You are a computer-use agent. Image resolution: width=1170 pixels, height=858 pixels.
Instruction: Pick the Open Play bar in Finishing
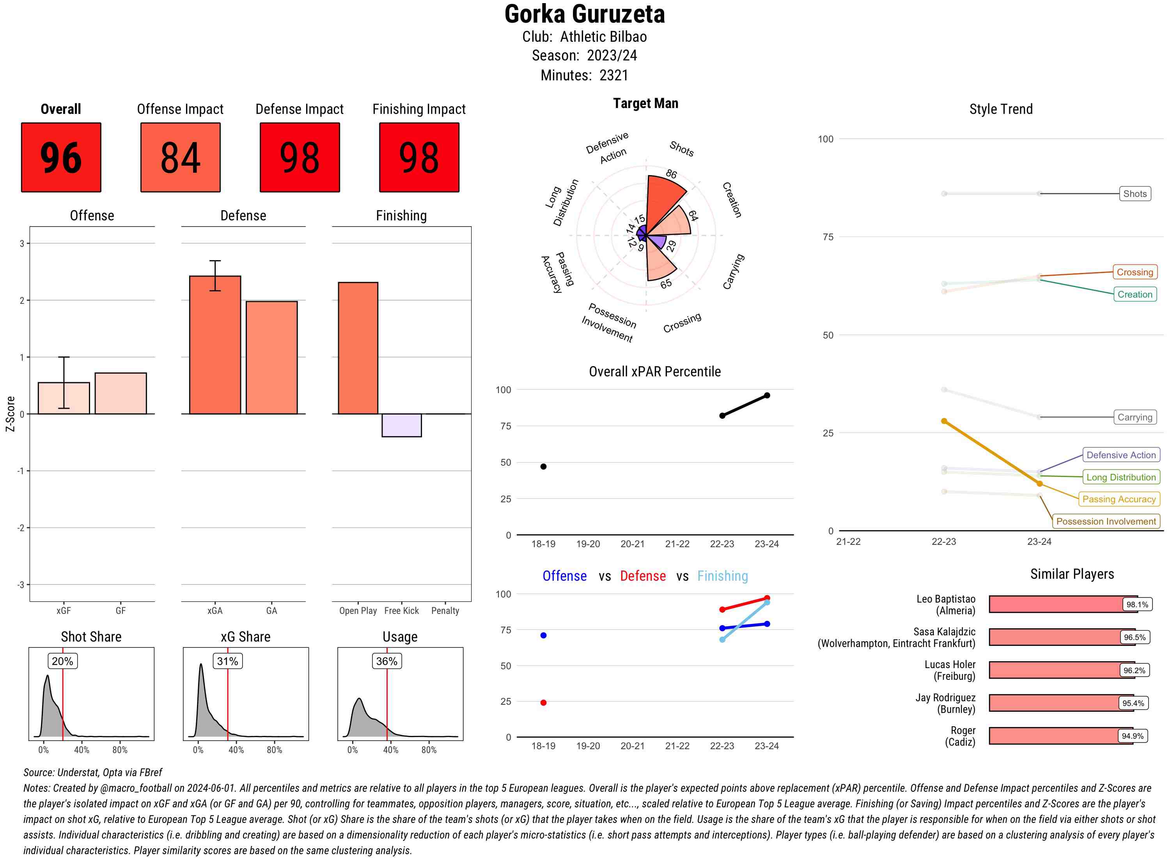tap(358, 348)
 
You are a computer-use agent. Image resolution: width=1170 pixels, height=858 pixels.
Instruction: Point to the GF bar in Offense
tap(121, 394)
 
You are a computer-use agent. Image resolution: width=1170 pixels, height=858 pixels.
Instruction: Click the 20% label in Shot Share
tap(62, 661)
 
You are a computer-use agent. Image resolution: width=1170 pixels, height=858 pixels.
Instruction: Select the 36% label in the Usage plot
tap(386, 661)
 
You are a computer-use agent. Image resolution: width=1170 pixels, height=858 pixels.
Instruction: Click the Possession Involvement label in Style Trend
tap(1106, 521)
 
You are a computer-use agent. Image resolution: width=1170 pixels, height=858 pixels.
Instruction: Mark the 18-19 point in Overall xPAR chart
tap(543, 466)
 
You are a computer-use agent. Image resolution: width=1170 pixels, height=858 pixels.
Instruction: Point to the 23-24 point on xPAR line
tap(767, 395)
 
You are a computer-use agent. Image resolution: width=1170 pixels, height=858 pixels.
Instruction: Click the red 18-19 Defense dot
tap(543, 703)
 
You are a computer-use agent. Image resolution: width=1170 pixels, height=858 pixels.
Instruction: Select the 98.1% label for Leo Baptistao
tap(1137, 604)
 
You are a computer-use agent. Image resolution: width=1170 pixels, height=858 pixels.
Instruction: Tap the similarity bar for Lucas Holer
tap(1054, 670)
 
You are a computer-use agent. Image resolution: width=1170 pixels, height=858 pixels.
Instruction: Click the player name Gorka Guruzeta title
tap(584, 14)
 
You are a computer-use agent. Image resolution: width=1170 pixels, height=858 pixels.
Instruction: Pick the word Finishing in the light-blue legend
tap(722, 576)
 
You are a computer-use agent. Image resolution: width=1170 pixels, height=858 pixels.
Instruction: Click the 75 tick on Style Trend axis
tap(828, 237)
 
